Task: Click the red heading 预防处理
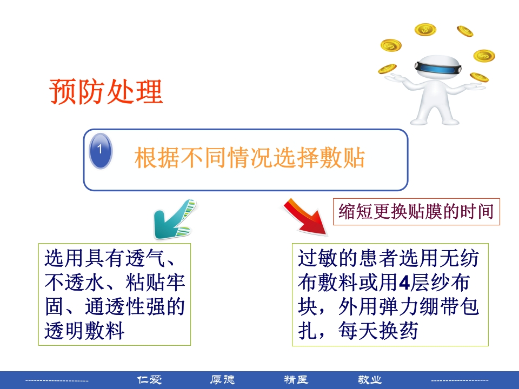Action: pos(106,92)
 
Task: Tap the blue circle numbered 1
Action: pos(100,151)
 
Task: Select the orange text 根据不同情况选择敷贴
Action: pos(250,159)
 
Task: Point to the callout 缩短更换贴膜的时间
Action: pos(416,211)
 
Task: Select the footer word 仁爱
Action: pos(150,380)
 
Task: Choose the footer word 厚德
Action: pos(223,380)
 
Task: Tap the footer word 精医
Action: pos(296,380)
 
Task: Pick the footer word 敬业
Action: pos(370,380)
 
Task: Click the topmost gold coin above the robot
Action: pos(425,29)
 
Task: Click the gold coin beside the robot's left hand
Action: pos(387,69)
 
